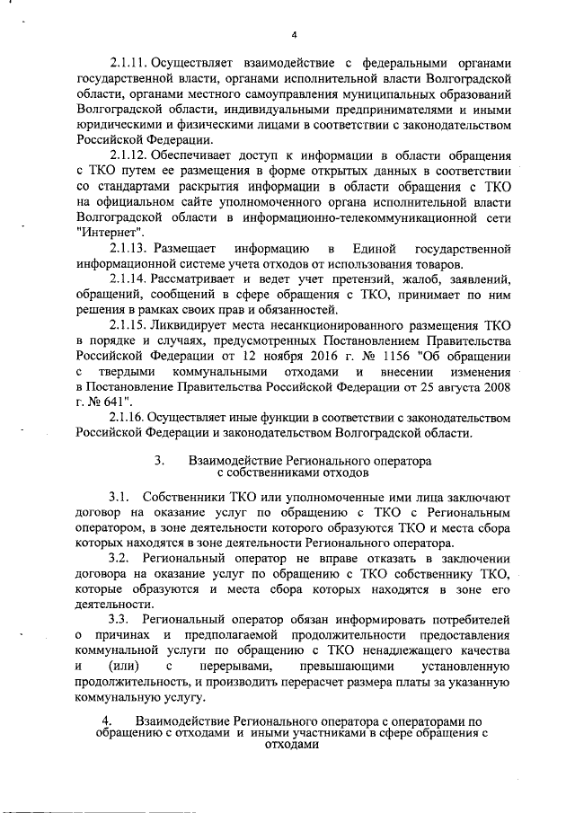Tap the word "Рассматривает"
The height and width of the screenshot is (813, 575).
point(198,278)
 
